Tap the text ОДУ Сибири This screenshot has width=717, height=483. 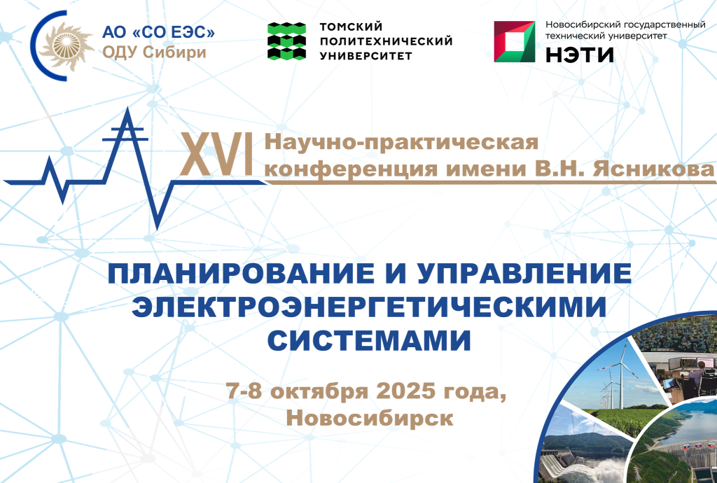coord(154,52)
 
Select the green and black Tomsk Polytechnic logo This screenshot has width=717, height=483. coord(286,41)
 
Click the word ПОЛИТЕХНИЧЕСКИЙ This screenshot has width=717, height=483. coord(386,41)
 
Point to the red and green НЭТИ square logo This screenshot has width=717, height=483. coord(515,41)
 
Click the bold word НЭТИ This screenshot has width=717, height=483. coord(580,55)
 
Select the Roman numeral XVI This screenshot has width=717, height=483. coord(217,156)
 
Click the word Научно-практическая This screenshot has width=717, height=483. coord(401,143)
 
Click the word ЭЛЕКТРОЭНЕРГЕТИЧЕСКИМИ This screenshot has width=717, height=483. coord(369,307)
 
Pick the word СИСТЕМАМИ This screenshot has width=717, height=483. coord(369,340)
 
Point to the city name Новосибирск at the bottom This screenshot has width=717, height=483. coord(370,418)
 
